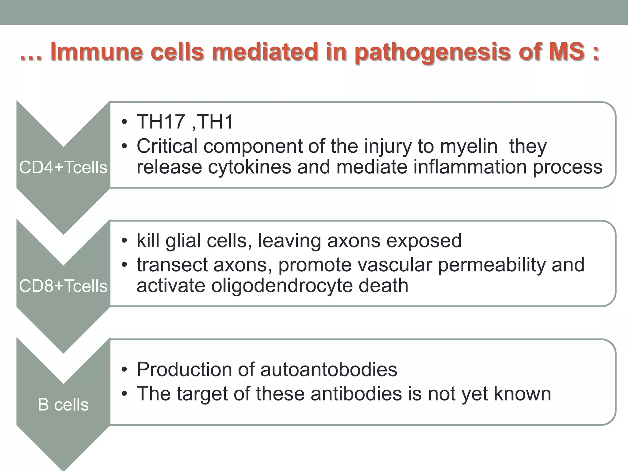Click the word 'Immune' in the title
click(x=97, y=52)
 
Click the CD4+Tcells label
click(x=63, y=167)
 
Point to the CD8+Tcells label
click(x=63, y=286)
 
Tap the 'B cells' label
click(x=63, y=405)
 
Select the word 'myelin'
click(x=469, y=146)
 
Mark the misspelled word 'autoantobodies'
click(x=328, y=369)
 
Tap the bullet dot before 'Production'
click(x=124, y=370)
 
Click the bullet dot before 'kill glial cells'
click(x=124, y=241)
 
